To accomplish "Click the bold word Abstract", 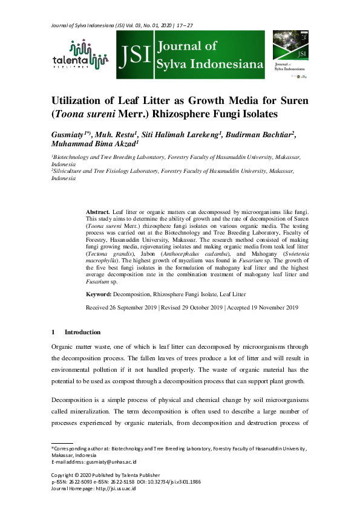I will (98, 212).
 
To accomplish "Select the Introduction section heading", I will (79, 332).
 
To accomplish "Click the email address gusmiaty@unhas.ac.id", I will (119, 461).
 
